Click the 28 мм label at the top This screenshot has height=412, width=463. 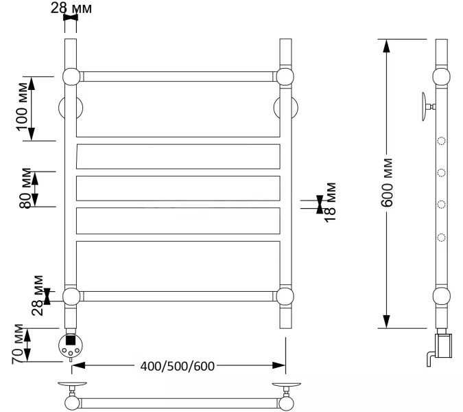pos(71,8)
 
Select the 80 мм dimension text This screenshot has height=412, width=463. pos(26,187)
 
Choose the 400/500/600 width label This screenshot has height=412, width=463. pos(177,365)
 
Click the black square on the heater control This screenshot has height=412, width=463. pos(71,339)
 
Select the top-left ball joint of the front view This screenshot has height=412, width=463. pos(71,76)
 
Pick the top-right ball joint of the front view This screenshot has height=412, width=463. pos(287,76)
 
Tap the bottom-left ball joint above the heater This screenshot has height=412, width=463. pos(71,297)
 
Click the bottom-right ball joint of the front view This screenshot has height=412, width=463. pos(287,297)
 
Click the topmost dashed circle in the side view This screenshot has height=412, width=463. pos(441,141)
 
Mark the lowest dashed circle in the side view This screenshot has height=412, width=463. pos(441,238)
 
